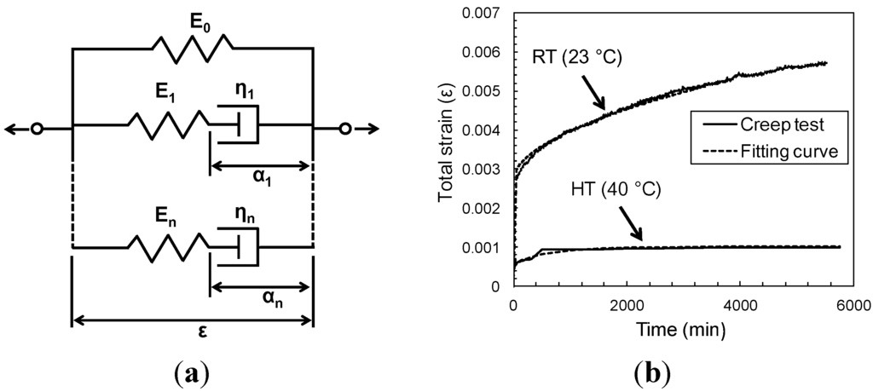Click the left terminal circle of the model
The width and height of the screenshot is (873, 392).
click(x=37, y=130)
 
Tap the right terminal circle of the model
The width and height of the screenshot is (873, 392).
click(x=344, y=130)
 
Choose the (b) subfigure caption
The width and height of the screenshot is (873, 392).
click(x=652, y=373)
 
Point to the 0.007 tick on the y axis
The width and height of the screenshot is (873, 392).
click(x=487, y=13)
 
